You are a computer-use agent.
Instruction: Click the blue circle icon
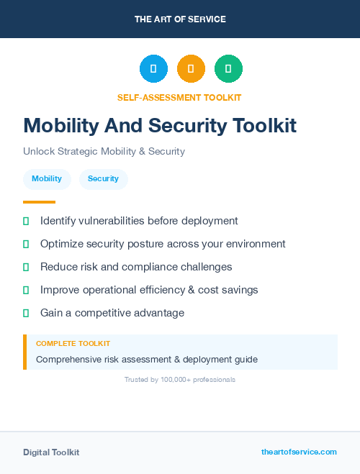[x=153, y=69]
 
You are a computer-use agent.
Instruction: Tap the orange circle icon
[x=191, y=69]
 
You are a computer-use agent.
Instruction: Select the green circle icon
[x=228, y=69]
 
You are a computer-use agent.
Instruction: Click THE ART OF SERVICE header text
[x=180, y=19]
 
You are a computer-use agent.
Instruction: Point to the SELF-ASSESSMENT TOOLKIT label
[x=179, y=98]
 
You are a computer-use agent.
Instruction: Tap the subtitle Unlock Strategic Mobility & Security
[x=104, y=152]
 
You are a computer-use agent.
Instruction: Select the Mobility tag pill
[x=47, y=179]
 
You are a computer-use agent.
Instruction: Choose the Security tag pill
[x=103, y=179]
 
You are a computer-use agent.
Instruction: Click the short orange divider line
[x=39, y=202]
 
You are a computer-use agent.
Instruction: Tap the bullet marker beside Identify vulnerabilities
[x=26, y=221]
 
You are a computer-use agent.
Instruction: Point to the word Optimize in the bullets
[x=62, y=244]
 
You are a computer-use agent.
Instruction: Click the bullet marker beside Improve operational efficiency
[x=26, y=290]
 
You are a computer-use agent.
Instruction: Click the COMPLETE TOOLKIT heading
[x=73, y=344]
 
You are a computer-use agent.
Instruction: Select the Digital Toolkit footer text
[x=51, y=452]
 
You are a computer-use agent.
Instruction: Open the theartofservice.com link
[x=299, y=452]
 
